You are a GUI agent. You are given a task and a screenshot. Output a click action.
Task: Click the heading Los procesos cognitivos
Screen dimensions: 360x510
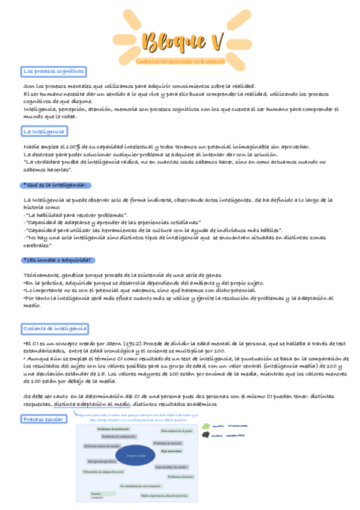pyautogui.click(x=53, y=72)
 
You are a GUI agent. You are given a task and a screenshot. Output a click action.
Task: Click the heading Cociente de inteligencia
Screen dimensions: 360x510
pyautogui.click(x=55, y=328)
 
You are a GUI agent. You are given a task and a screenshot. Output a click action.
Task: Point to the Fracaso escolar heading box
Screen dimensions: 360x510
pyautogui.click(x=44, y=419)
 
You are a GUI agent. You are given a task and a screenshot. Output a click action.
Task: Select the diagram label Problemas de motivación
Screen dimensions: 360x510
pyautogui.click(x=113, y=428)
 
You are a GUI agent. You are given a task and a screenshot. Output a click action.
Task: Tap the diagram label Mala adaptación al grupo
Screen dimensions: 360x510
pyautogui.click(x=177, y=431)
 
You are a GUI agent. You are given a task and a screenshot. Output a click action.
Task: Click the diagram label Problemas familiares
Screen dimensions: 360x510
pyautogui.click(x=180, y=476)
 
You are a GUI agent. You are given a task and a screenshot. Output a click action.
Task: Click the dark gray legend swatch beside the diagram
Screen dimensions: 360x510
pyautogui.click(x=206, y=436)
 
